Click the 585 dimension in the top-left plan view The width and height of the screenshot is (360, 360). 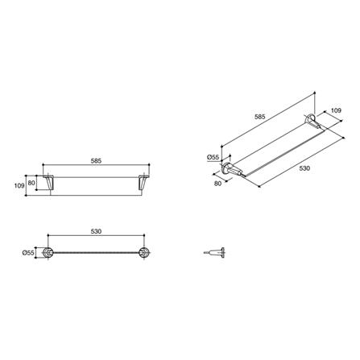96,161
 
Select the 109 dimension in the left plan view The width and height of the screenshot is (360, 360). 19,184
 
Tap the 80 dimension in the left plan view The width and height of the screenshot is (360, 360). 32,182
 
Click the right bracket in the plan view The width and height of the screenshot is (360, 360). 143,184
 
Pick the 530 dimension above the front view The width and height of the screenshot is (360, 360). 96,231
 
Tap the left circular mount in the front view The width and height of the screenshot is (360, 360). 52,253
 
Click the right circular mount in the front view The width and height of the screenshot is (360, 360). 144,253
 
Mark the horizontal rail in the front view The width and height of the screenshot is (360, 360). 97,253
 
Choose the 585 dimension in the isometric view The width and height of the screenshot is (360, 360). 260,118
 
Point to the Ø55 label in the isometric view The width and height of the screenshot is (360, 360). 213,157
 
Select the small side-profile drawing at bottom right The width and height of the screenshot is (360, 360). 213,253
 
